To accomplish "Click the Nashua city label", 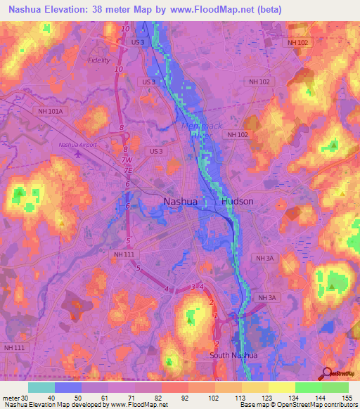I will coord(180,201).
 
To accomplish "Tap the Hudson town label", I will coord(237,201).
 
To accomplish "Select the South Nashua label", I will coord(233,355).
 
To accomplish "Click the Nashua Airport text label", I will coord(77,145).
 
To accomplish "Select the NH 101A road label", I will coord(51,111).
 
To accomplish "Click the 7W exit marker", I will coord(127,160).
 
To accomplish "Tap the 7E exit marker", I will coord(127,170).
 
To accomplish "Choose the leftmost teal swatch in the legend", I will coord(41,387).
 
